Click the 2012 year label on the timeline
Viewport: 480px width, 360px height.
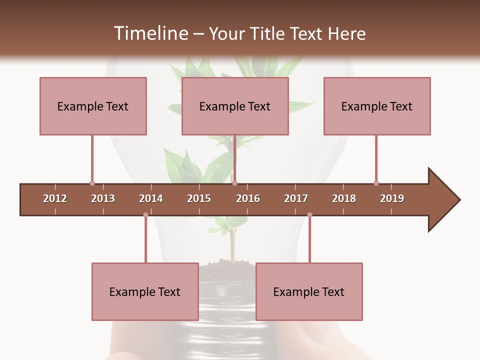(55, 198)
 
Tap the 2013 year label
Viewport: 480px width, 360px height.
(103, 198)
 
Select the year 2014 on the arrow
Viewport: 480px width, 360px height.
(151, 198)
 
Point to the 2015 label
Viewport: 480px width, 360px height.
(199, 198)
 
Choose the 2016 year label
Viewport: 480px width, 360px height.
(248, 198)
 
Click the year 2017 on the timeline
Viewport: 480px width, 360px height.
(296, 198)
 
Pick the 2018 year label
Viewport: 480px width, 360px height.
(344, 198)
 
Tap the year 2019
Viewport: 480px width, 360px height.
(392, 198)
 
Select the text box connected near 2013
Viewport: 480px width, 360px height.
(93, 106)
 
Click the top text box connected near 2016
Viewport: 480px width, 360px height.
(235, 106)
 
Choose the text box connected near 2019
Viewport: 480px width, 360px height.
(377, 106)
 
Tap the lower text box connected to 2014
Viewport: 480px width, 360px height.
(145, 291)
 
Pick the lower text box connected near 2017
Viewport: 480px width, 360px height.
(309, 291)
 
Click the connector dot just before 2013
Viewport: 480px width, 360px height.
(92, 183)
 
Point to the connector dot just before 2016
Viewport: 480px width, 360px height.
(234, 183)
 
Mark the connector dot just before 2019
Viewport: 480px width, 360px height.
(376, 183)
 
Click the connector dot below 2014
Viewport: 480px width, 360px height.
(145, 215)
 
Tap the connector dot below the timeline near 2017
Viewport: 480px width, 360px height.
(309, 215)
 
